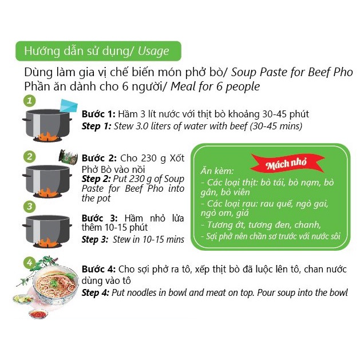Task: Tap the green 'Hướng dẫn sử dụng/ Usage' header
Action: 97,51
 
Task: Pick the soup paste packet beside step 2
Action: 68,157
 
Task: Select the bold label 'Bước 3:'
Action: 99,218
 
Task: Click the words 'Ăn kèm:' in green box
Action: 217,171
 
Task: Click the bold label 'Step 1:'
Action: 97,126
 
